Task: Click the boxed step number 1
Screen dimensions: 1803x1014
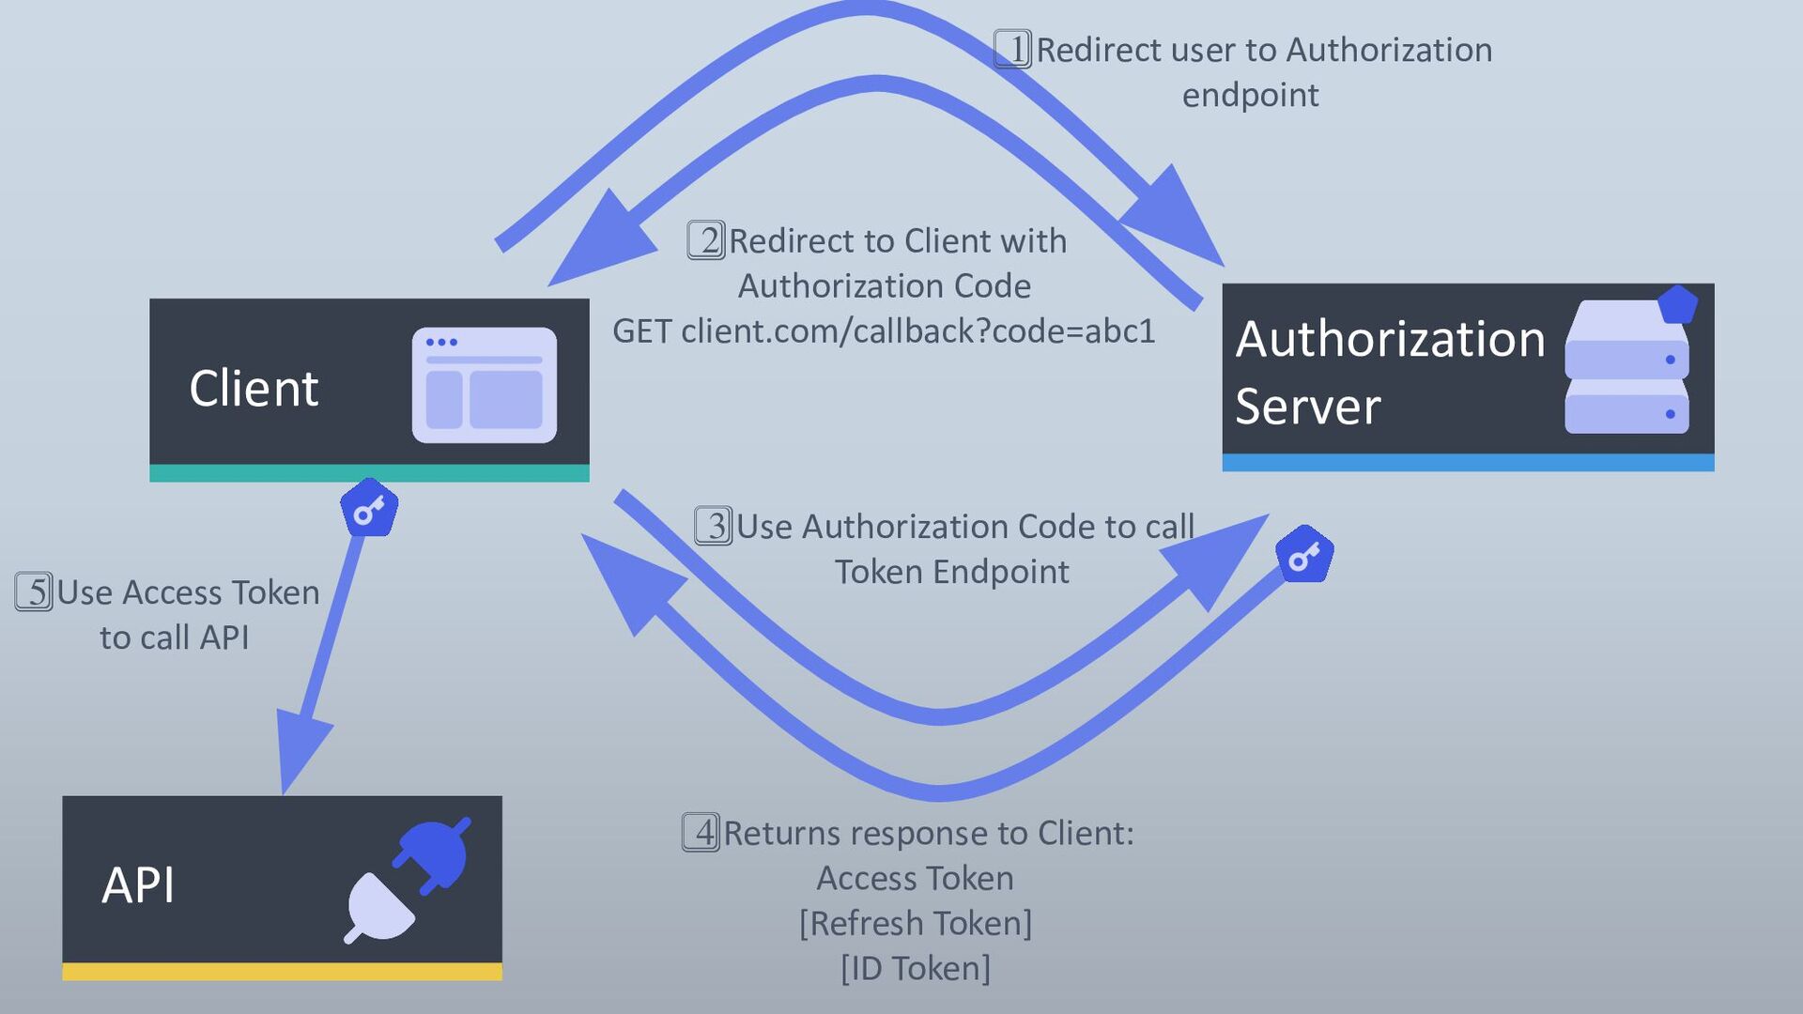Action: (x=1012, y=49)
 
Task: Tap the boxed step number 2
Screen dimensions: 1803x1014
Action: (x=706, y=240)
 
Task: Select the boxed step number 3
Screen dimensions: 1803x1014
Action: (x=714, y=526)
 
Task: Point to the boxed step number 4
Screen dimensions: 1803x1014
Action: (x=701, y=833)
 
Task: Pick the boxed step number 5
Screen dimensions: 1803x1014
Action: (x=34, y=592)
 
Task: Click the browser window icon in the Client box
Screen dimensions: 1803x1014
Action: (x=485, y=385)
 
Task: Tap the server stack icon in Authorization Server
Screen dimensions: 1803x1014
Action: (x=1630, y=361)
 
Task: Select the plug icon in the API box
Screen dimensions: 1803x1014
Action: (x=407, y=881)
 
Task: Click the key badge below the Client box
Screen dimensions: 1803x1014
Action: (x=369, y=508)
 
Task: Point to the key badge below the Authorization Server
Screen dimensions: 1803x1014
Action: (x=1304, y=554)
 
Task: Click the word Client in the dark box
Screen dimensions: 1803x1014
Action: (x=254, y=388)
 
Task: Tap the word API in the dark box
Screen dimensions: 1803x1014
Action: (x=138, y=884)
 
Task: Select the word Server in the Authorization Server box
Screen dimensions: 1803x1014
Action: (x=1307, y=407)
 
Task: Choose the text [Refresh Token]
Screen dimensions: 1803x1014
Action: (x=916, y=924)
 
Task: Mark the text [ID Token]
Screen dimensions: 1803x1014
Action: (x=916, y=969)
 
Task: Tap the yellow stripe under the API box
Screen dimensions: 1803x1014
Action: (x=282, y=972)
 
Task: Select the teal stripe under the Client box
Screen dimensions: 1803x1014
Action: (x=369, y=473)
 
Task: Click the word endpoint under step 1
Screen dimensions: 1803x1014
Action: (x=1250, y=96)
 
